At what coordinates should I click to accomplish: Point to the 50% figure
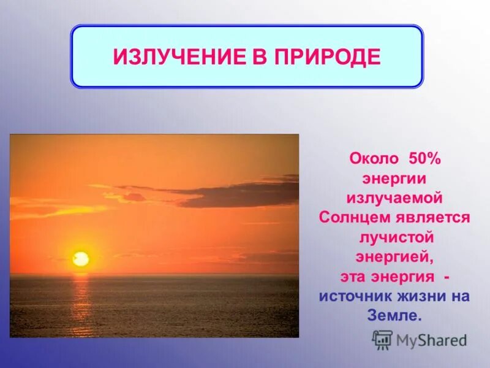pos(420,158)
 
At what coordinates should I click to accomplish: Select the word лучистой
pos(394,237)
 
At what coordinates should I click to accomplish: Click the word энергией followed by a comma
pos(394,256)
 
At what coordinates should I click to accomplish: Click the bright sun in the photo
pos(81,259)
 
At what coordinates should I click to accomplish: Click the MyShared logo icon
pos(383,339)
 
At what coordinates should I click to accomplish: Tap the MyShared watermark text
pos(431,340)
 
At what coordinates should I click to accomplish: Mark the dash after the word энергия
pos(447,276)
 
